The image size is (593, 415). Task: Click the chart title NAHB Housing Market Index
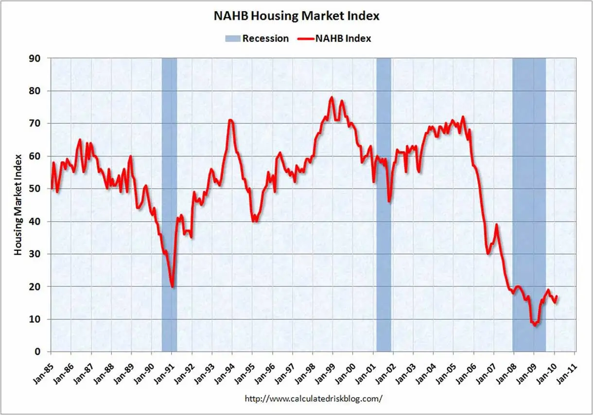pyautogui.click(x=296, y=16)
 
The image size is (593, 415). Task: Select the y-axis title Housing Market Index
pyautogui.click(x=18, y=205)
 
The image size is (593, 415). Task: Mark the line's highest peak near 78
pyautogui.click(x=331, y=97)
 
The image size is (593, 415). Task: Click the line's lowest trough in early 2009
pyautogui.click(x=535, y=325)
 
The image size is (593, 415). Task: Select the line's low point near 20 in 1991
pyautogui.click(x=173, y=287)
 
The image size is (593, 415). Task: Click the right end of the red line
pyautogui.click(x=557, y=296)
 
